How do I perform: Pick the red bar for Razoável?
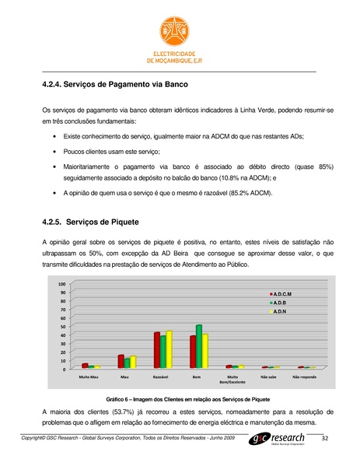tap(156, 349)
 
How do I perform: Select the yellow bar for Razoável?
tap(169, 349)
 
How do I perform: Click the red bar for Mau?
tap(121, 360)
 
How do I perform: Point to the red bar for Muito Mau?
tap(85, 365)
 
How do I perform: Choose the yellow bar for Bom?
tap(205, 350)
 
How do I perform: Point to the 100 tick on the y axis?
tap(61, 285)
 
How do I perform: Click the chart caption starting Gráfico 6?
tap(187, 398)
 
